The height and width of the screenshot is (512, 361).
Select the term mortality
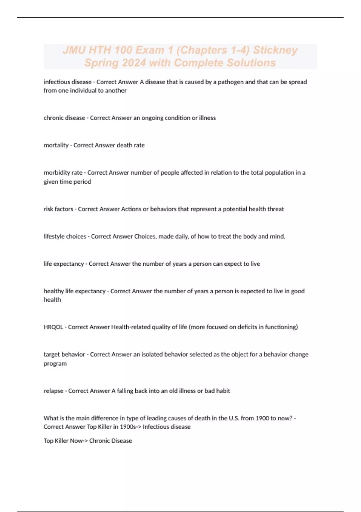(56, 145)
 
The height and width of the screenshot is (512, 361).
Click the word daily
(181, 236)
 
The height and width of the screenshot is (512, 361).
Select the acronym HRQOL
(53, 327)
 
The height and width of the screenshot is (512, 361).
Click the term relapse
(54, 391)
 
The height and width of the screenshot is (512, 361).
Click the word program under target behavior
(55, 364)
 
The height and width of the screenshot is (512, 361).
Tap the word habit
(223, 391)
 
